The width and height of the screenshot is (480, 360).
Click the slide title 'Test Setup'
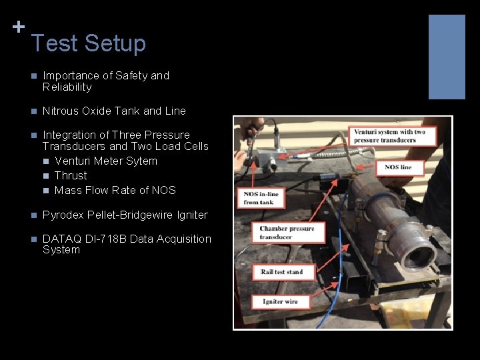pyautogui.click(x=88, y=43)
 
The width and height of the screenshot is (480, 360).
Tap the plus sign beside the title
pyautogui.click(x=19, y=27)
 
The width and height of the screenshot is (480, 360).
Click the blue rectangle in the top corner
pyautogui.click(x=446, y=57)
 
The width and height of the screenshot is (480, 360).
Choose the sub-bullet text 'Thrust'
pyautogui.click(x=71, y=176)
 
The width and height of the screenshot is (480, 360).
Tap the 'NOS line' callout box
pyautogui.click(x=398, y=167)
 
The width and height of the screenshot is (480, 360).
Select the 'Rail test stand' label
pyautogui.click(x=281, y=272)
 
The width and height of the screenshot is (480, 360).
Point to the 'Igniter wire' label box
pyautogui.click(x=281, y=301)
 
